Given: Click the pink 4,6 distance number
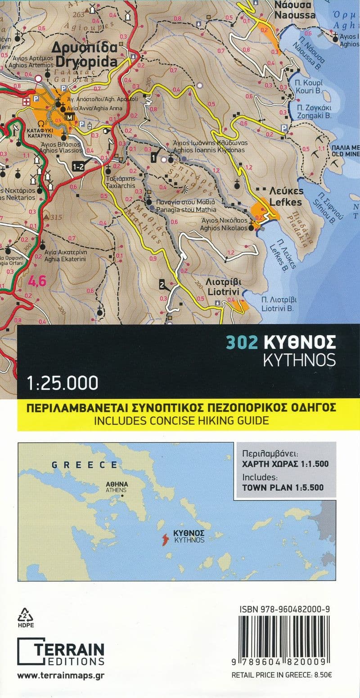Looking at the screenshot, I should coord(37,282).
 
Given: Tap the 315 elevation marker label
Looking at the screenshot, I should coord(56,218).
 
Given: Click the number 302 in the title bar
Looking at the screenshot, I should coord(242,343).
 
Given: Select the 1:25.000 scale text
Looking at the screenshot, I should coord(62,383).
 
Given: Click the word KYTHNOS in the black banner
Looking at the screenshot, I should coord(299,360).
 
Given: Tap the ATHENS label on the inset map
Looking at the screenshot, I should coord(116,490).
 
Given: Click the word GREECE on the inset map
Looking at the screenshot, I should coord(84,465).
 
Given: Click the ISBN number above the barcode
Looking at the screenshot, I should coord(286,609).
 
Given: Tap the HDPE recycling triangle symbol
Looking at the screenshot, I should coord(23,615).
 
